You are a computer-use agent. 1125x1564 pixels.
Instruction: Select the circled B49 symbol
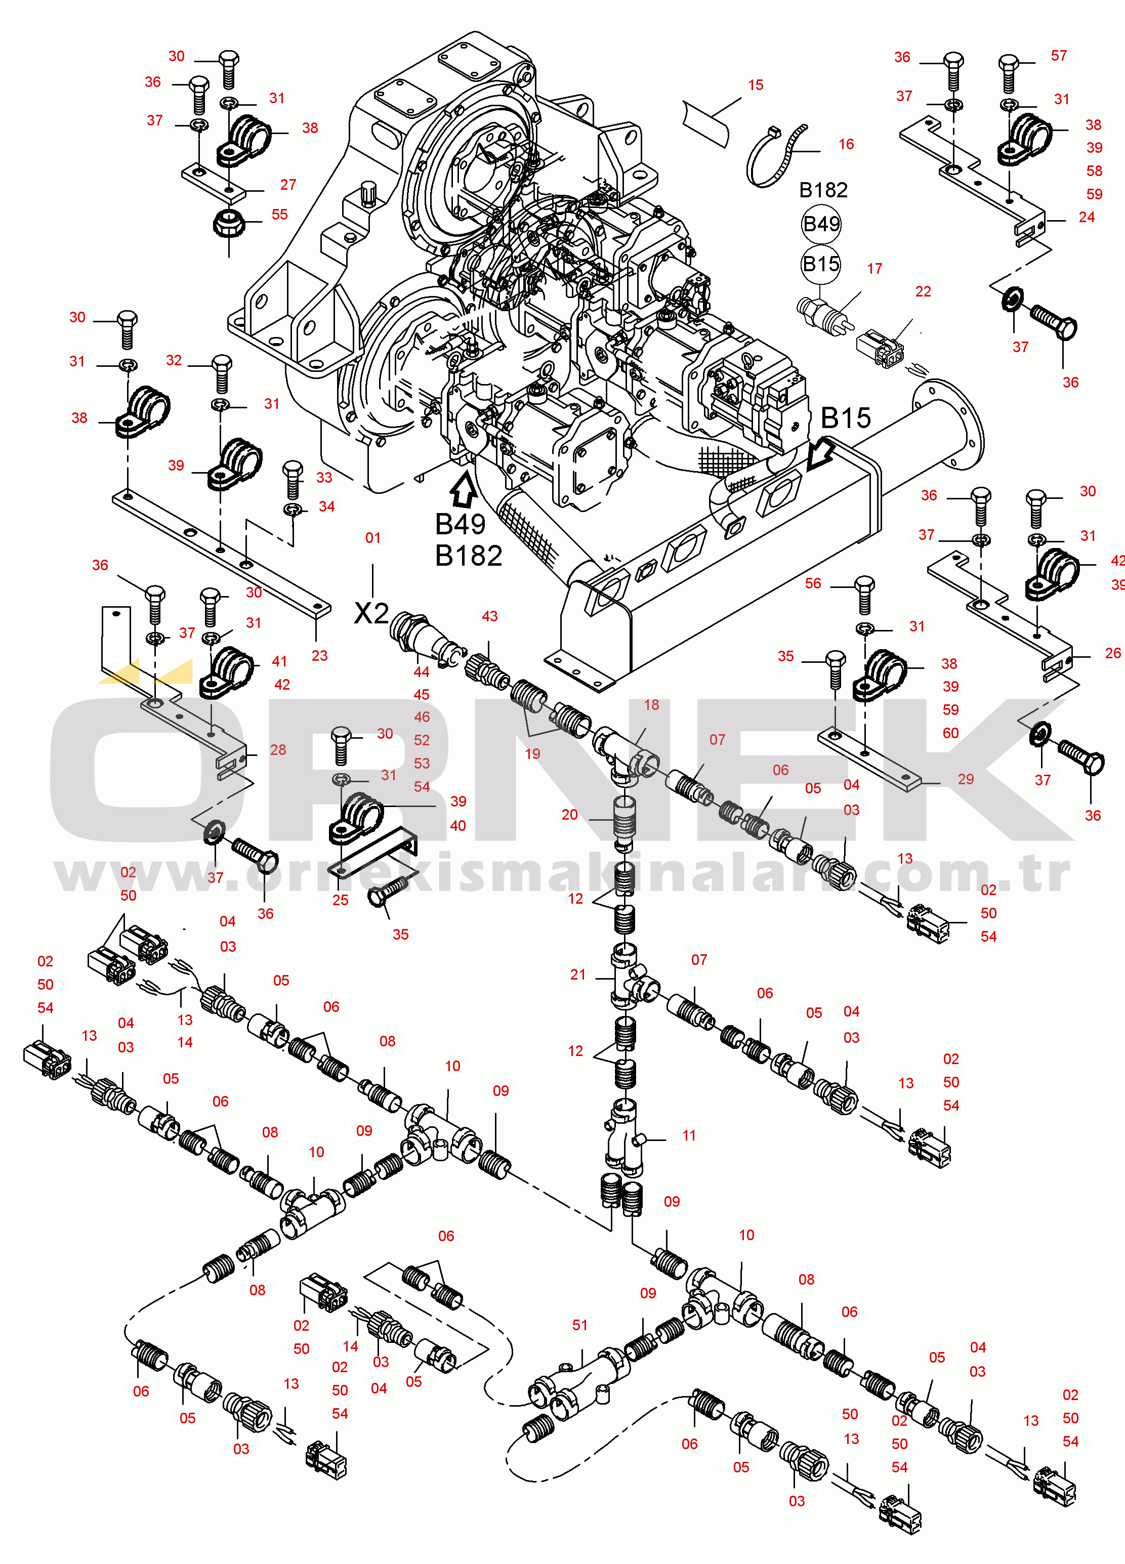click(x=821, y=224)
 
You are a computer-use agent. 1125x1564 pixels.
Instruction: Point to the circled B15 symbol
click(x=821, y=264)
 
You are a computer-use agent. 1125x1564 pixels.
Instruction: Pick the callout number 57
click(x=1059, y=56)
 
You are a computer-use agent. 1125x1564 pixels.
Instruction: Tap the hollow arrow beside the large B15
click(x=821, y=455)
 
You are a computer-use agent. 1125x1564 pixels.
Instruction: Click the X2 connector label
click(x=371, y=612)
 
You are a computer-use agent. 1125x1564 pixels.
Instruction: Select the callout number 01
click(x=372, y=537)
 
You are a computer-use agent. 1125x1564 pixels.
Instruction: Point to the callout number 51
click(x=579, y=1325)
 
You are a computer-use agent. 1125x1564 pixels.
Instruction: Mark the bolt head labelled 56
click(x=864, y=587)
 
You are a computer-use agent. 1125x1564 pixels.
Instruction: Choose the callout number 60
click(x=950, y=732)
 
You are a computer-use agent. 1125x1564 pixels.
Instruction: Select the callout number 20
click(x=569, y=815)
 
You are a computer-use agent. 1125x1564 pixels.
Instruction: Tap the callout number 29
click(x=966, y=779)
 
